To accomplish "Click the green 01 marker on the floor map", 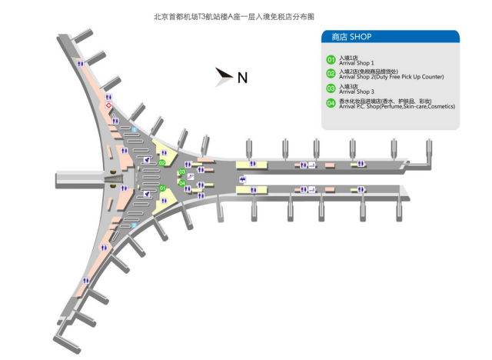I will pos(162,188).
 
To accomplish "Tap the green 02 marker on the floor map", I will pos(162,163).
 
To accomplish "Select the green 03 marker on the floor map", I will pos(181,172).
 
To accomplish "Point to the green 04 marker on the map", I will pos(181,183).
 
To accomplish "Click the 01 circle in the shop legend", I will pos(331,59).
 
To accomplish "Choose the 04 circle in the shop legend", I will pos(331,103).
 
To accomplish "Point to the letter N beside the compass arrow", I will pos(242,77).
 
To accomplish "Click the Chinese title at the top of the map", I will pos(245,15).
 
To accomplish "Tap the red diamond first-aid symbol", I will pos(110,105).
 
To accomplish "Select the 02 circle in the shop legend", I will pos(331,74).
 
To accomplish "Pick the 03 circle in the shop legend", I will pos(331,88).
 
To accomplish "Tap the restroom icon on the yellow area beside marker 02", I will pos(165,152).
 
